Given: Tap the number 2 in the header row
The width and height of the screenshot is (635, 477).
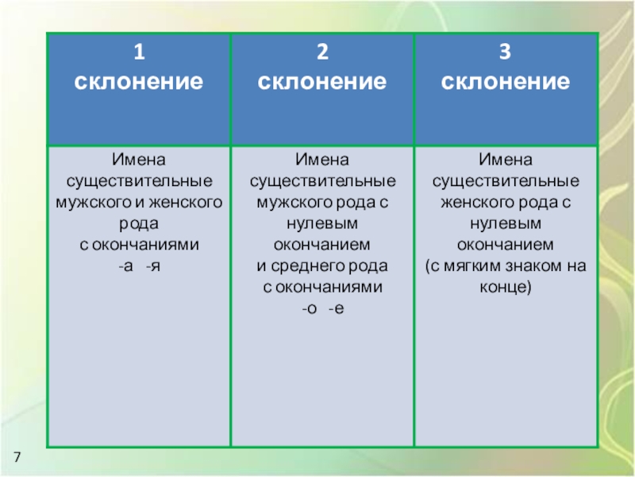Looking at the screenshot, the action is click(x=322, y=53).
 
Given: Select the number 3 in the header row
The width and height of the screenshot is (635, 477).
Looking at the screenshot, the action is click(x=505, y=53).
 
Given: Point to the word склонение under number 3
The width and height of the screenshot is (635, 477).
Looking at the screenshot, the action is click(x=505, y=81).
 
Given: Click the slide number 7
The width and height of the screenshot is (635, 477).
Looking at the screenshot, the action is click(x=16, y=456).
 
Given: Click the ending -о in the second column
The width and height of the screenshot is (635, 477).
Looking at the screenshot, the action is click(x=309, y=307).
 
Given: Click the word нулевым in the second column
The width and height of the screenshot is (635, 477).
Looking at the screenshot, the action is click(x=322, y=224).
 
